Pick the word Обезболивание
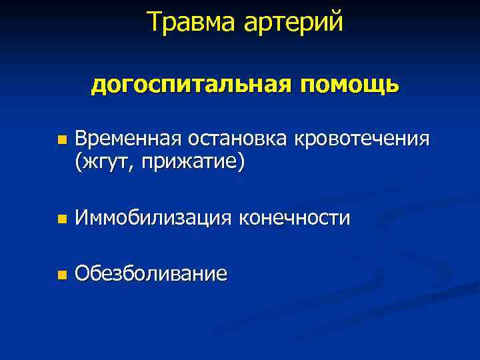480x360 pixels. coord(151,273)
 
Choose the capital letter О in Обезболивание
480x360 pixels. coord(82,273)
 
